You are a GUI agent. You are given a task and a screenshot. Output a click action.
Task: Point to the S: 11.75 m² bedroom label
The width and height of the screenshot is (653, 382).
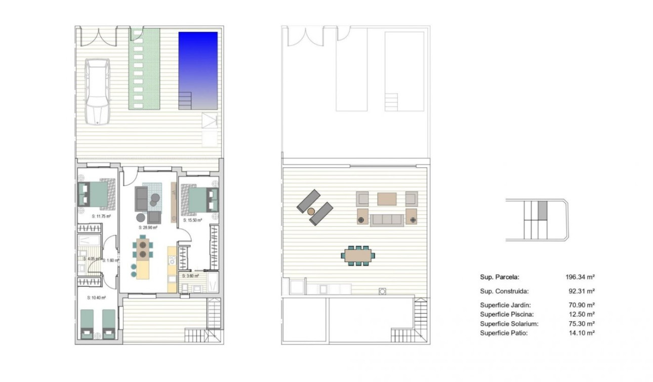(x=101, y=216)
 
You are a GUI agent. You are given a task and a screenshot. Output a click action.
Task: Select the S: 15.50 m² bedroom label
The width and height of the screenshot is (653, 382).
(x=192, y=220)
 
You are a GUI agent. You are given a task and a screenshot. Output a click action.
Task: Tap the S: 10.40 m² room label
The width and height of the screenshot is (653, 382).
(x=96, y=298)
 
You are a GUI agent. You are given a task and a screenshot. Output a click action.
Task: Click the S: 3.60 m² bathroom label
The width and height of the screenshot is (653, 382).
(x=191, y=276)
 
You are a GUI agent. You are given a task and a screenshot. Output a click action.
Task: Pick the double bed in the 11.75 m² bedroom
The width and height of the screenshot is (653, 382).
(x=94, y=195)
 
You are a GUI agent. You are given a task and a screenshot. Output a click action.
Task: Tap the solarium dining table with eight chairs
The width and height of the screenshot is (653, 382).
(x=358, y=256)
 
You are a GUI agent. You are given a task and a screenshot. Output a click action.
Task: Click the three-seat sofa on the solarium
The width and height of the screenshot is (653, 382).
(x=387, y=220)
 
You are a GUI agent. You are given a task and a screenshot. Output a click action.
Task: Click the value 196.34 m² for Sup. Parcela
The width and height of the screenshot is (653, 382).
(x=580, y=277)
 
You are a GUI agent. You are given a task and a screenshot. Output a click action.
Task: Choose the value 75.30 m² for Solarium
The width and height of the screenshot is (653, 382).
(x=581, y=323)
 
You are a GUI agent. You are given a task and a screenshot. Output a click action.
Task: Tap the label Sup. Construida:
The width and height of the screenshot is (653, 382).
(x=504, y=291)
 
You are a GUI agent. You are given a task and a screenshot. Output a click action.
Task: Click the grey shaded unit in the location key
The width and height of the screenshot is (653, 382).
(x=542, y=209)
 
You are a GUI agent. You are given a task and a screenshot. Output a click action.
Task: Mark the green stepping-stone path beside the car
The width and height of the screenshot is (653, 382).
(x=143, y=68)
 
